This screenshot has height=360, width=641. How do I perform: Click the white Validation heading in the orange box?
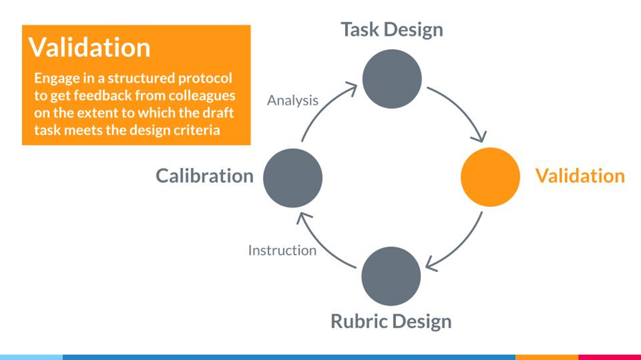click(x=89, y=48)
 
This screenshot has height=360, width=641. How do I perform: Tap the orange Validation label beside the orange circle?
click(x=579, y=176)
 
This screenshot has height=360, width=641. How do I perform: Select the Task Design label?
click(x=392, y=30)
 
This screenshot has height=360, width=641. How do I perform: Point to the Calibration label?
click(x=205, y=176)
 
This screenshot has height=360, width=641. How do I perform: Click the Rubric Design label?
click(x=391, y=321)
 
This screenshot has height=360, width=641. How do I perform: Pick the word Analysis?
click(x=293, y=101)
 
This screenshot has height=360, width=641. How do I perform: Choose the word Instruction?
click(x=282, y=251)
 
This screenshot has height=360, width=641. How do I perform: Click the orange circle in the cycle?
click(x=490, y=177)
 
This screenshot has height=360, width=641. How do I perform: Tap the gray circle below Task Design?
click(x=392, y=79)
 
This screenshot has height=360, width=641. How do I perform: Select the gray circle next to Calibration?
click(x=293, y=177)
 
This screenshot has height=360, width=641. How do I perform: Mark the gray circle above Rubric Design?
click(x=391, y=276)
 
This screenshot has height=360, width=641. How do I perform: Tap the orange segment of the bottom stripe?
click(x=546, y=357)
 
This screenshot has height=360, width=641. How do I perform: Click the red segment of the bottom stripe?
click(x=609, y=357)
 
